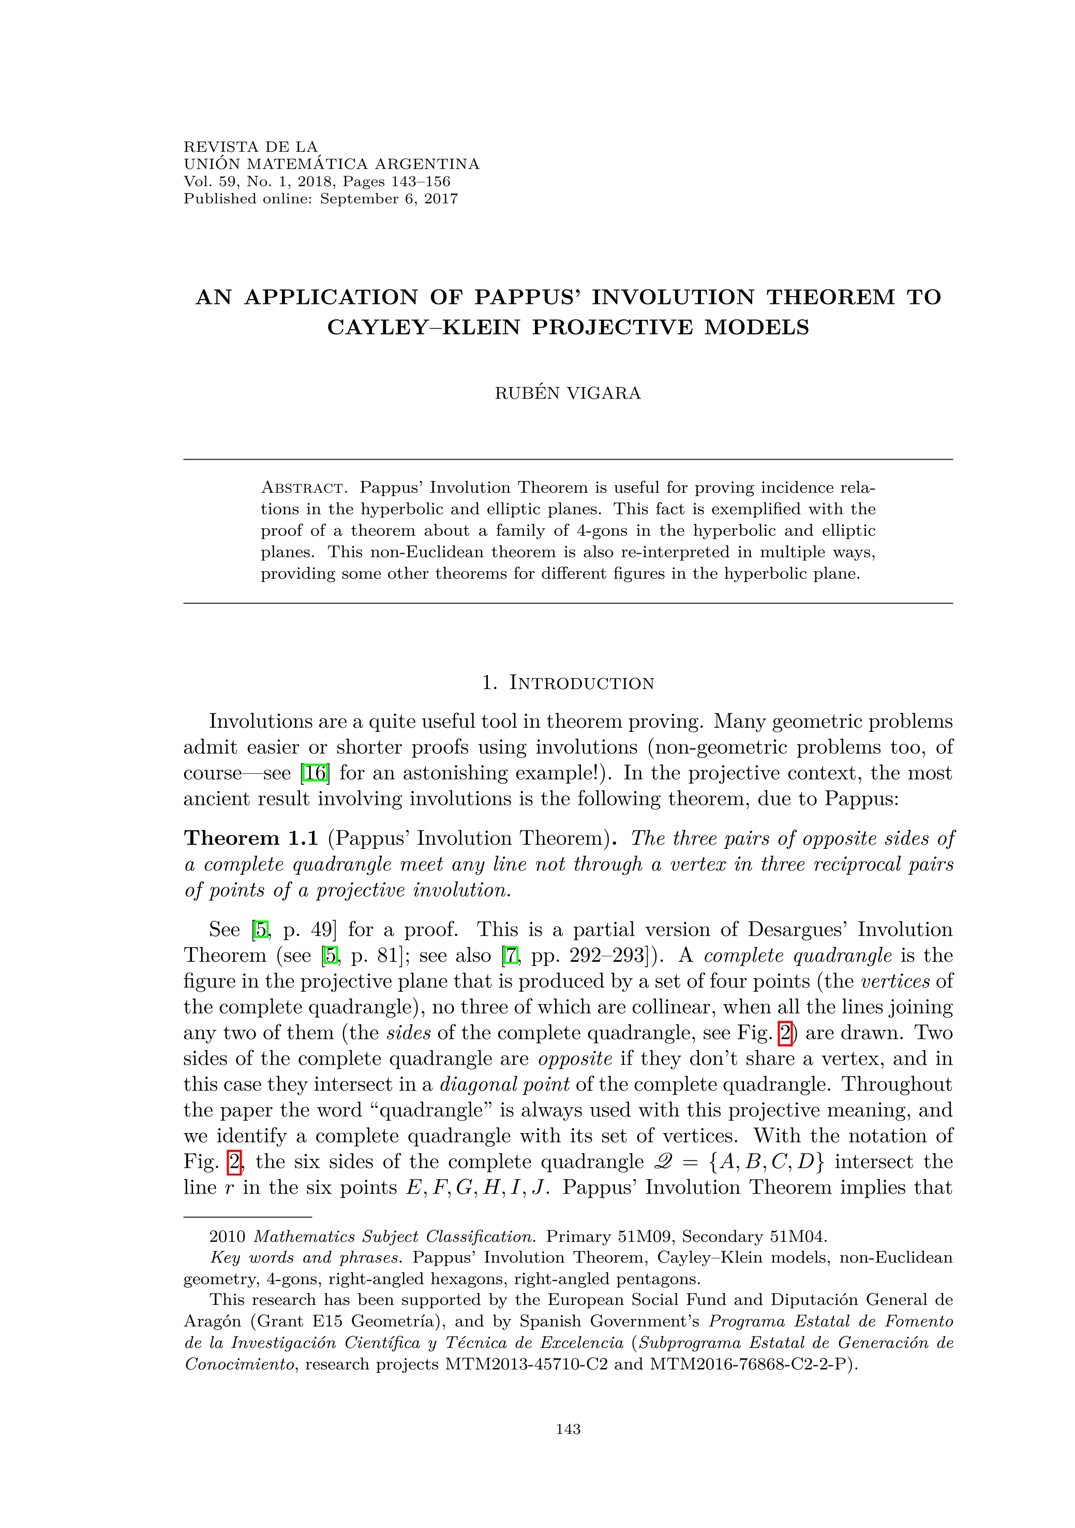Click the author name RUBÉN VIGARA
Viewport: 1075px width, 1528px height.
[568, 393]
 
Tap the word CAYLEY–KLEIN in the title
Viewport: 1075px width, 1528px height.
[423, 328]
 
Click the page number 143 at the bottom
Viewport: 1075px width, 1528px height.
[568, 1429]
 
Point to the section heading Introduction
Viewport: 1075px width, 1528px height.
[581, 683]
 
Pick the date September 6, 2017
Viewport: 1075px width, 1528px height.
[389, 199]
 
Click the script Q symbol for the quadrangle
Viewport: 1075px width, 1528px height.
[666, 1162]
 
